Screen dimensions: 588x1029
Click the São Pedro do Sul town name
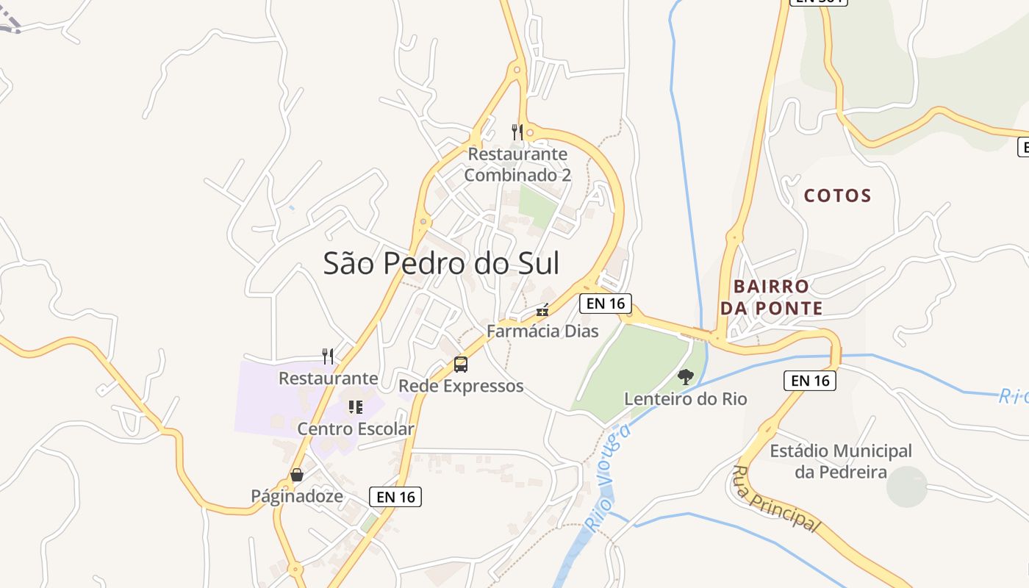point(441,263)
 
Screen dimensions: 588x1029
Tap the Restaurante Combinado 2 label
point(517,165)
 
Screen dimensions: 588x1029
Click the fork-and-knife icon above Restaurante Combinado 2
point(517,132)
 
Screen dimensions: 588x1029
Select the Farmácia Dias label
point(542,331)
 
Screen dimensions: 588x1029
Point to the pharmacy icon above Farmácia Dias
point(542,311)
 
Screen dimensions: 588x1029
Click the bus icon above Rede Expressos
point(461,365)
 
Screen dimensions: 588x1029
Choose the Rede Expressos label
point(461,386)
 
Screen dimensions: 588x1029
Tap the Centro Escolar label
point(356,429)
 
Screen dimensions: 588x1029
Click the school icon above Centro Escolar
point(356,407)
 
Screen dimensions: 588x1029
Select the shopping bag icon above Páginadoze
point(297,476)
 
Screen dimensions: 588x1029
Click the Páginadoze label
point(297,496)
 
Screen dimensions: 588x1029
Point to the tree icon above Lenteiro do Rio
point(685,378)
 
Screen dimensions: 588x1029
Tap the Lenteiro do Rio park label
point(685,399)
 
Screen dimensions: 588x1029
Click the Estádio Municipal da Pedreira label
point(841,462)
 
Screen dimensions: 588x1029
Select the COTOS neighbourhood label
point(837,196)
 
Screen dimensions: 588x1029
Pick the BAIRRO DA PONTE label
point(771,297)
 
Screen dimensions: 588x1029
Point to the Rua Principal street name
point(775,498)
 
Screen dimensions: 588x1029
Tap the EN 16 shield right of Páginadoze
point(395,497)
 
